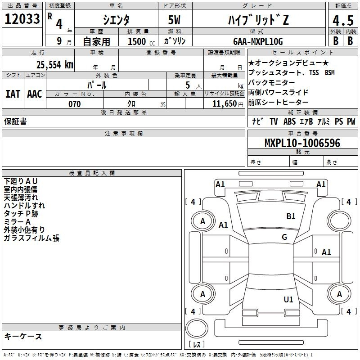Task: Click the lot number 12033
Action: pos(22,19)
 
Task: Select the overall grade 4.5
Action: pos(343,20)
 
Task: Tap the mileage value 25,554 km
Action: pos(54,65)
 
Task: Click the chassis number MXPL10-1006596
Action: pos(302,143)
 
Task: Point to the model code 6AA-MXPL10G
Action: pos(258,41)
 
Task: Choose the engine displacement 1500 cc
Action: pos(141,41)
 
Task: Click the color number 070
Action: pos(75,104)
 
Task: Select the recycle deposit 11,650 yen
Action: pos(228,104)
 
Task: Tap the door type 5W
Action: pos(174,20)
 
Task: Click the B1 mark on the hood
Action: pos(291,216)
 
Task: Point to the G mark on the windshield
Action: pos(284,237)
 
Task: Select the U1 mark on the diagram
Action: pos(288,299)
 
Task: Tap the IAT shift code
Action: pos(13,94)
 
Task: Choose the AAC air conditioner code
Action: pos(35,94)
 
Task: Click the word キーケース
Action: pos(23,336)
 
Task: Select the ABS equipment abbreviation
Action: pos(289,121)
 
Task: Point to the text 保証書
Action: pos(15,121)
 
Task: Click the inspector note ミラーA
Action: pos(17,221)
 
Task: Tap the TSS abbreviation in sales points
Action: pos(314,72)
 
